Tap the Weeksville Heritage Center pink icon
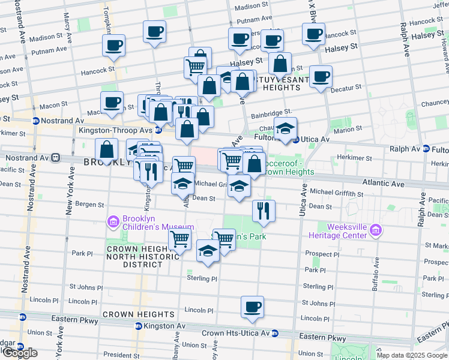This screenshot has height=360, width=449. (x=375, y=230)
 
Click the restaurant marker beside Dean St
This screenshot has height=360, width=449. (x=264, y=210)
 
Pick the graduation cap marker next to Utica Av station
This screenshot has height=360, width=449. (x=285, y=127)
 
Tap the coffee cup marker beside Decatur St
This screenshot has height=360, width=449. (x=321, y=77)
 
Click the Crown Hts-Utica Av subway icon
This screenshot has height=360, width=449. (x=275, y=333)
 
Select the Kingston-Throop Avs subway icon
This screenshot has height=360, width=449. (x=158, y=130)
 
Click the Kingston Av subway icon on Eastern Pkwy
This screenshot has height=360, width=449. (x=138, y=326)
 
